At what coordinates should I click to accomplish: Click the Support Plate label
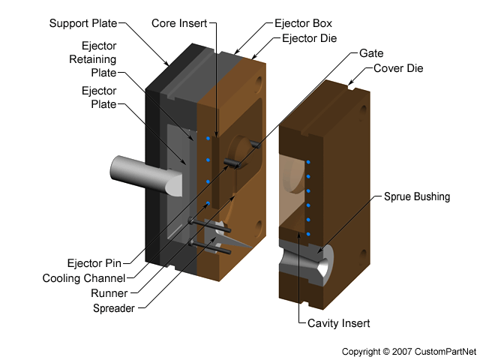tap(83, 23)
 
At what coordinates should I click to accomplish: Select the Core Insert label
tap(179, 23)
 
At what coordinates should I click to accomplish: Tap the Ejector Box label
tap(302, 23)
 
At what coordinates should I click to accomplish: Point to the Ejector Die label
tap(310, 37)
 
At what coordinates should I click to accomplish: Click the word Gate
tap(371, 54)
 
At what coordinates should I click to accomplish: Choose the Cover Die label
tap(398, 68)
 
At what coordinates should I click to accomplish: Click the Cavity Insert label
tap(338, 323)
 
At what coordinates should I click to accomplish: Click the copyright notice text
tap(409, 351)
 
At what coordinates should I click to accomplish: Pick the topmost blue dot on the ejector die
tap(208, 138)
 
